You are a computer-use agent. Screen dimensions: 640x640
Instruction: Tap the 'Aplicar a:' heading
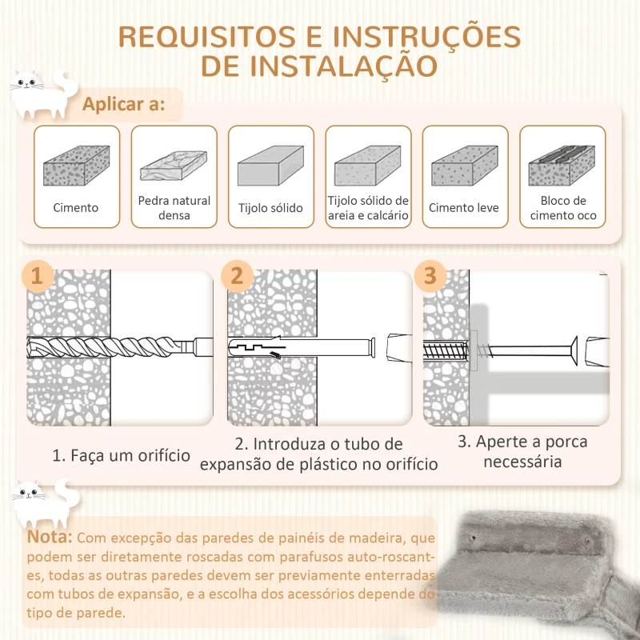click(x=124, y=105)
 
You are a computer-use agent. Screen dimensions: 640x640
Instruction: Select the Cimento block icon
click(x=76, y=166)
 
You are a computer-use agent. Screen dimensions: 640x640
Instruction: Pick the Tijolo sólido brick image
click(x=270, y=166)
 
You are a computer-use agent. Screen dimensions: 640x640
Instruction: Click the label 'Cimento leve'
click(x=463, y=208)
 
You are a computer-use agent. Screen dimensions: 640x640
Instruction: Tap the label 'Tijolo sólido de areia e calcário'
click(x=368, y=208)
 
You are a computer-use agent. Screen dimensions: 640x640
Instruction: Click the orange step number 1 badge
click(x=36, y=277)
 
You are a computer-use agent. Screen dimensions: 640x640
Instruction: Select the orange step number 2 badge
click(x=237, y=277)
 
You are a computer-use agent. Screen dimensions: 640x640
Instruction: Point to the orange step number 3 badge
click(x=430, y=277)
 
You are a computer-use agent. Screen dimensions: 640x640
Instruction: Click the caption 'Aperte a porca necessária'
click(x=522, y=451)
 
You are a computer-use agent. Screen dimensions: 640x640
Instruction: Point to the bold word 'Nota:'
click(x=50, y=536)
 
